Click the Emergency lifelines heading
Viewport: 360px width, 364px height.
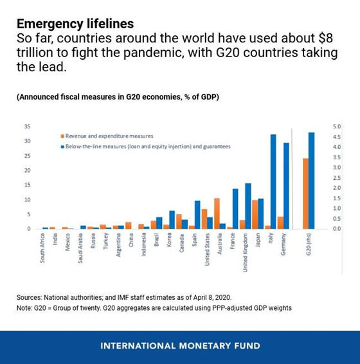(75, 24)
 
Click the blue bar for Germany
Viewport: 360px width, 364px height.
(286, 186)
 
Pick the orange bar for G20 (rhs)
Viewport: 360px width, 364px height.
(305, 193)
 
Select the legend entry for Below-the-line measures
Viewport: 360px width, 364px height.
(145, 146)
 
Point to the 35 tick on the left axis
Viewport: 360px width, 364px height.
(27, 126)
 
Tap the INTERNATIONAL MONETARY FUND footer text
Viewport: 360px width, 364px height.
(180, 345)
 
